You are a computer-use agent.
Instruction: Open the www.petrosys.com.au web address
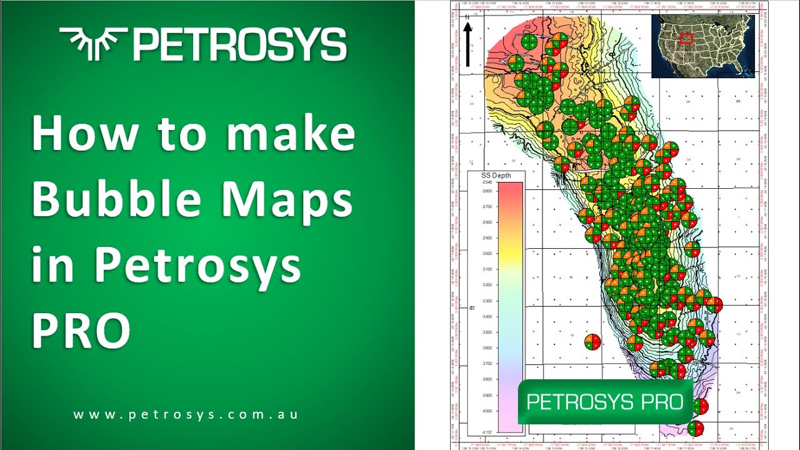point(185,414)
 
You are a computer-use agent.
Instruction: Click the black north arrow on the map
point(467,44)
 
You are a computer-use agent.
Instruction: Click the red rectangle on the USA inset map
point(686,38)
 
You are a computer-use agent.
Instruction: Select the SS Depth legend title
point(495,176)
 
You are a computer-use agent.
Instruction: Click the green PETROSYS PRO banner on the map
point(605,402)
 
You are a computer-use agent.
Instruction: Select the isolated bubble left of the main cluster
point(592,342)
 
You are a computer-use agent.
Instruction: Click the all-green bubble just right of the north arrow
point(529,42)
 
